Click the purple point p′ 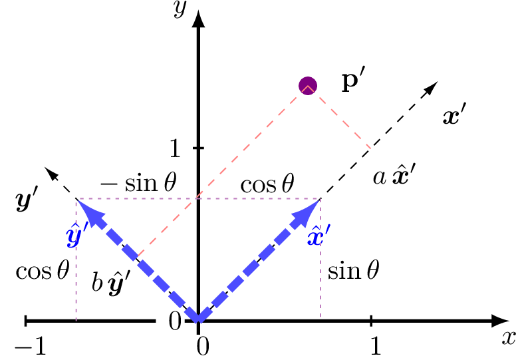point(307,85)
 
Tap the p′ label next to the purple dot point(354,81)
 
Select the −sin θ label point(138,183)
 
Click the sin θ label point(353,271)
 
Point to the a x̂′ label point(394,176)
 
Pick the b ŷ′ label point(110,283)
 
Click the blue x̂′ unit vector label point(319,236)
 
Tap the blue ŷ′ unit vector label point(77,235)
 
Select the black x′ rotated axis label point(454,116)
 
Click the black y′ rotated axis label point(27,200)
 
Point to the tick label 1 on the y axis point(175,148)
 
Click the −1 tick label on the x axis point(30,346)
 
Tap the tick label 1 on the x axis point(375,346)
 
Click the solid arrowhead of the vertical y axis point(198,19)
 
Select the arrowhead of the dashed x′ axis point(432,87)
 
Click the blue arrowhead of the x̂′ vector point(311,208)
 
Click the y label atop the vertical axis point(178,8)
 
